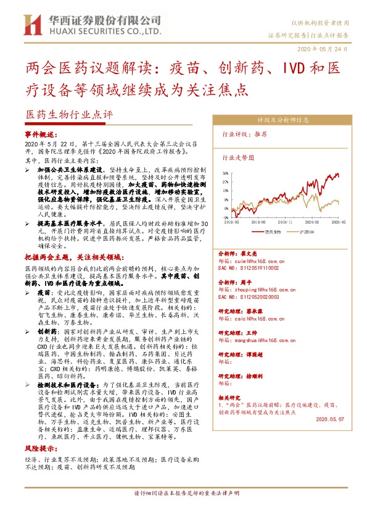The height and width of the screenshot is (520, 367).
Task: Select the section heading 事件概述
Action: click(41, 134)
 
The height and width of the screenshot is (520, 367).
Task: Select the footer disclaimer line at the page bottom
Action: click(183, 511)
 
